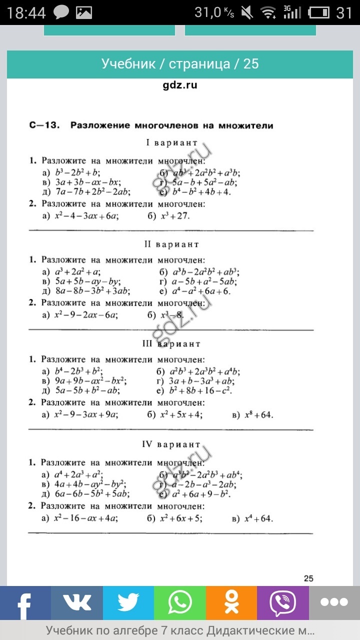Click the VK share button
click(x=77, y=603)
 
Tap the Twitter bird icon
click(x=128, y=603)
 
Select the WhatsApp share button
click(x=180, y=603)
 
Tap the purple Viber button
click(x=283, y=603)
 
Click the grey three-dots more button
click(x=334, y=603)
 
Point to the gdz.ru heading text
click(x=180, y=85)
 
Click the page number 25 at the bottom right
click(x=308, y=578)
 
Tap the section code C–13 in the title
click(x=44, y=125)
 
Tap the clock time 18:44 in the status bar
click(x=26, y=12)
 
